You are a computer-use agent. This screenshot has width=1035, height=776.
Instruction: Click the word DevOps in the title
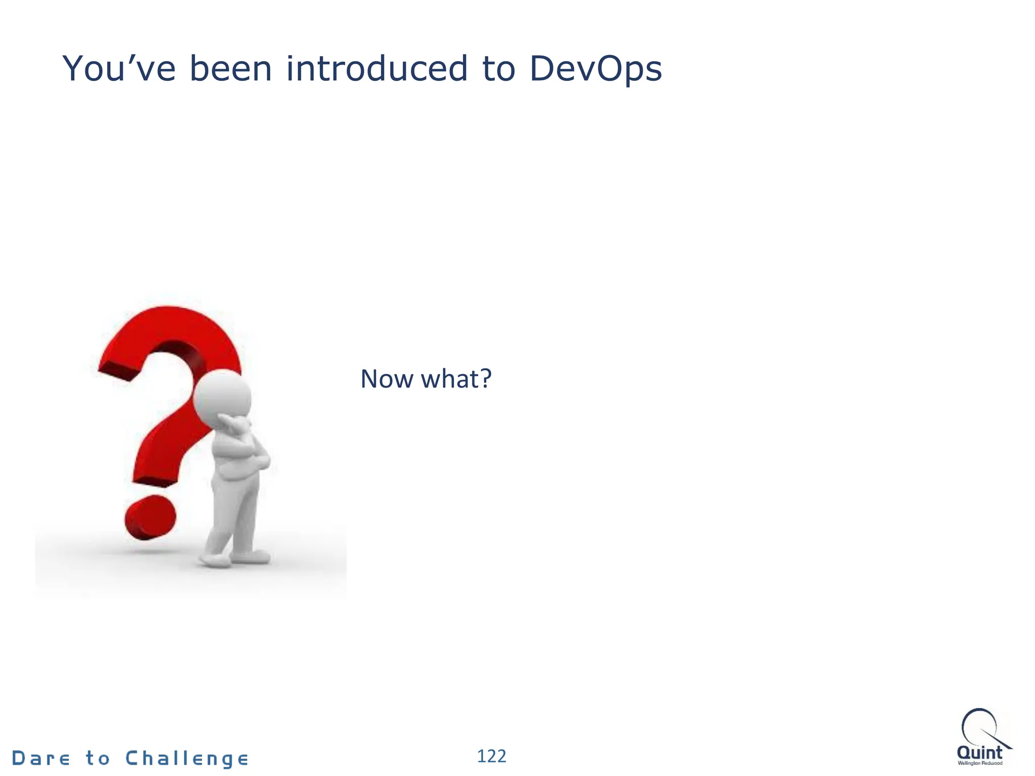click(x=595, y=69)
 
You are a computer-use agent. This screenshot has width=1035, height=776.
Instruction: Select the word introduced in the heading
click(x=377, y=69)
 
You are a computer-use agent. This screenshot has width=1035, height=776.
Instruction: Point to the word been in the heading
click(x=230, y=69)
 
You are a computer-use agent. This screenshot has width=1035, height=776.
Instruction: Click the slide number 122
click(x=491, y=756)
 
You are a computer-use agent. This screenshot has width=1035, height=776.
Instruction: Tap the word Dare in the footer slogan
click(x=41, y=758)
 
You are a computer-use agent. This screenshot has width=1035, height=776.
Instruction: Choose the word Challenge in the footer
click(x=187, y=759)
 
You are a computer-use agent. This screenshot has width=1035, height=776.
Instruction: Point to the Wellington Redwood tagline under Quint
click(x=980, y=763)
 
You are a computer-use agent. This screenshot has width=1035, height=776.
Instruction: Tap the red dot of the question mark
click(x=151, y=517)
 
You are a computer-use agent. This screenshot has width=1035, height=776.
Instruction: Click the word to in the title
click(x=499, y=69)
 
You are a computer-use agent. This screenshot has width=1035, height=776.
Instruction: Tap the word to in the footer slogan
click(x=98, y=758)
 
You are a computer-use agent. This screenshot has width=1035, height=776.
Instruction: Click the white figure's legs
click(x=235, y=510)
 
